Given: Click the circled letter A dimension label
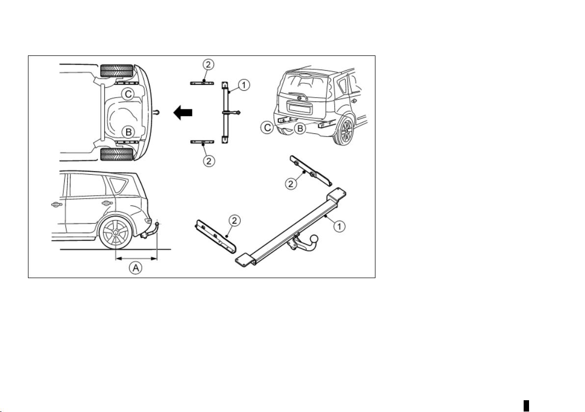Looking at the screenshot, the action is coord(136,267).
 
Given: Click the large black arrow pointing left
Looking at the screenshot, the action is coord(183,112).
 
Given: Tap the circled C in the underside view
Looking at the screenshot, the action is coord(129,94).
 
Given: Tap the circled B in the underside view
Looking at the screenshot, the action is coord(128,131).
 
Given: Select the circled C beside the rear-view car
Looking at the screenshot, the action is coord(268,129).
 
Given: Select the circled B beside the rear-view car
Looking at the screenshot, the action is coord(299,129).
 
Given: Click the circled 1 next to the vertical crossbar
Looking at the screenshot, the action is coord(244,85).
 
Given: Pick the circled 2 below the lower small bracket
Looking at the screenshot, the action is coord(209,161).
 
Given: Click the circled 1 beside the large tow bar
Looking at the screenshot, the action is coord(339,226).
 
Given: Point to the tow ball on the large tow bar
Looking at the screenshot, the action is coord(315,238).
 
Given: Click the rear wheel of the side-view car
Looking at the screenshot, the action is coord(116,234).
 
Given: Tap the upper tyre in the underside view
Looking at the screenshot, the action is coord(117,71).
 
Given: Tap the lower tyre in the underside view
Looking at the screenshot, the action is coord(117,154).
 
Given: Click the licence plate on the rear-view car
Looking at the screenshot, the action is coord(299,109).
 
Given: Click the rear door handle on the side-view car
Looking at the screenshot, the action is coord(106,203).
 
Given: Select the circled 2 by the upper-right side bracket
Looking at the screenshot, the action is coord(292,183).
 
